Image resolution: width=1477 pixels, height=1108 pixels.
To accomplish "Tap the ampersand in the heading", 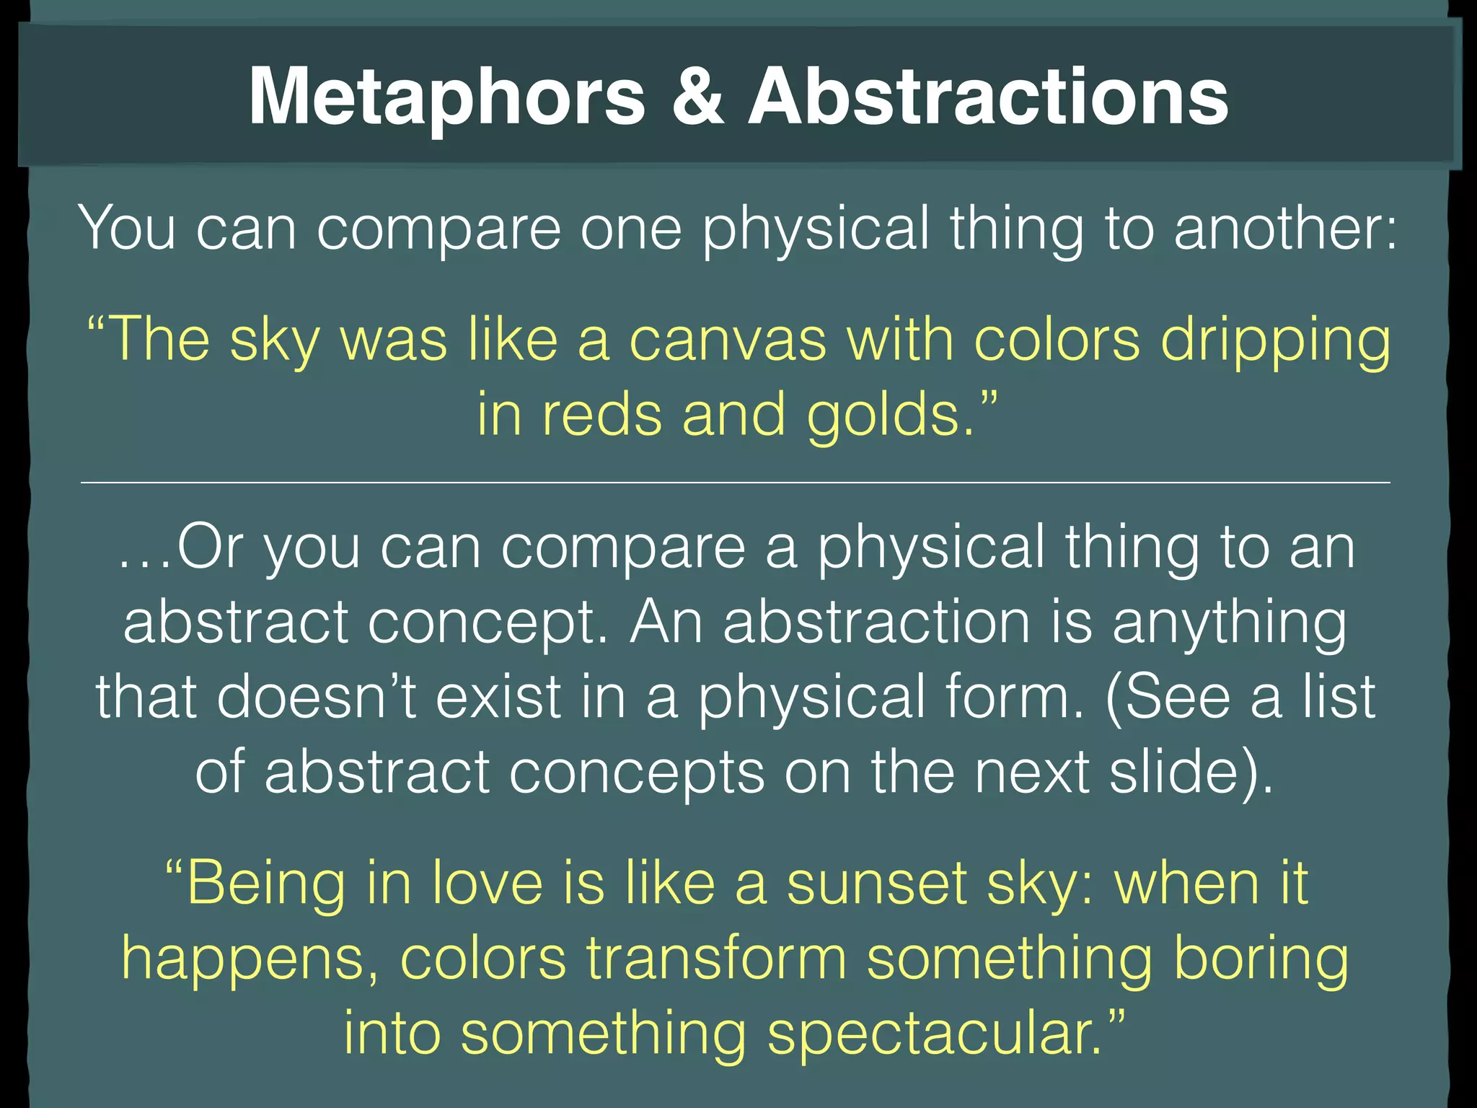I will click(x=697, y=97).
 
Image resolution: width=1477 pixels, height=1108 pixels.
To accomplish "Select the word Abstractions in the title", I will click(x=988, y=97).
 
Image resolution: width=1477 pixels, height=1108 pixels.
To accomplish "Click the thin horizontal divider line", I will click(x=736, y=482).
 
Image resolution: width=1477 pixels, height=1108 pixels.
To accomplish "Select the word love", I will click(x=488, y=883).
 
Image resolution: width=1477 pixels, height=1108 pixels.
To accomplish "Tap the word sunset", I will click(x=877, y=884).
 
